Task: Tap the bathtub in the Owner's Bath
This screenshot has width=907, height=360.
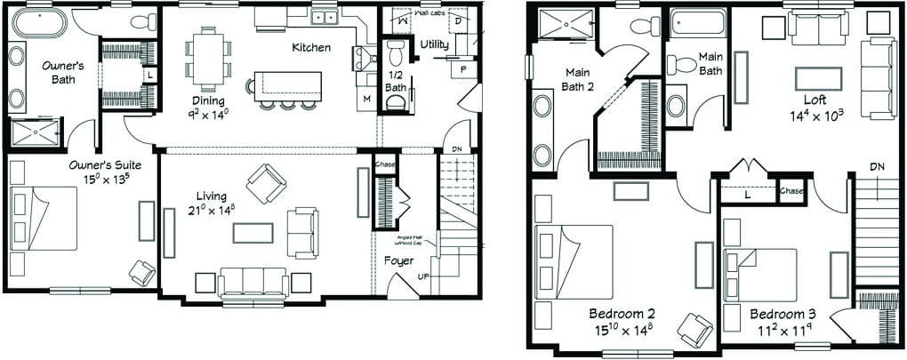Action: [x=39, y=22]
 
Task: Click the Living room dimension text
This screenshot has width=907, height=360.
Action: [x=213, y=211]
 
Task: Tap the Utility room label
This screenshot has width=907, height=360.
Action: [x=434, y=44]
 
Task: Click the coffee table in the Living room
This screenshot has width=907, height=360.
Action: [x=253, y=232]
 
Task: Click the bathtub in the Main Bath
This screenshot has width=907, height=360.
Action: [x=698, y=23]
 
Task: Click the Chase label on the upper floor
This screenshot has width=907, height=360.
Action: [x=790, y=190]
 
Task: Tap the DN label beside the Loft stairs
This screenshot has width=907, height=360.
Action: [x=877, y=166]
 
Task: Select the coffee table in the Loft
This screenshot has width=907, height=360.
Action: [x=818, y=78]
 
